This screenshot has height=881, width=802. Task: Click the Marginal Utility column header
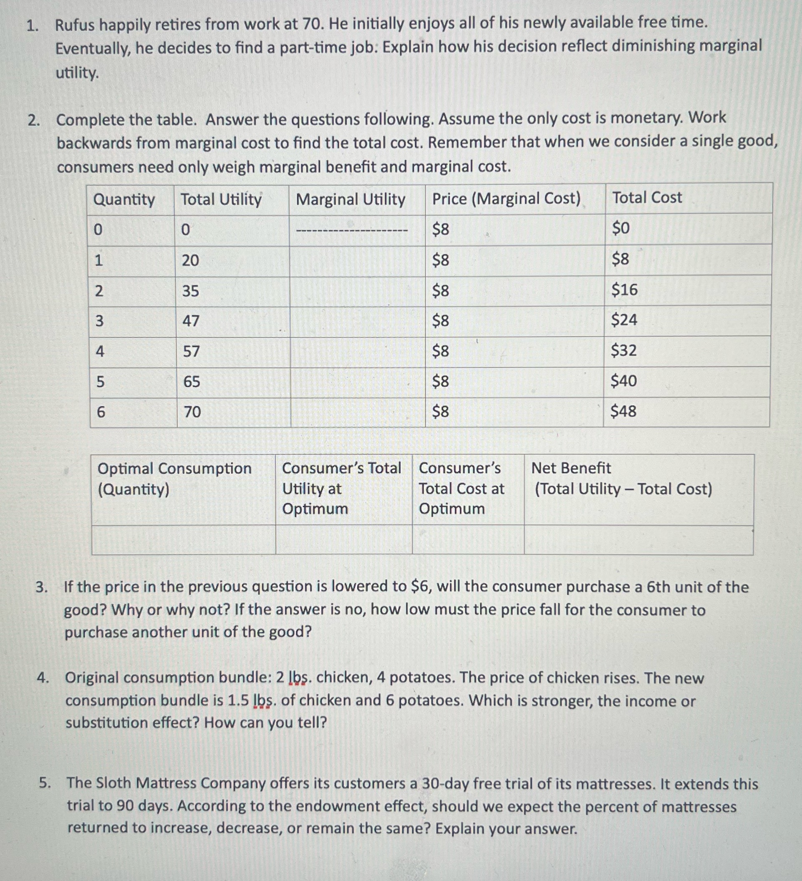click(x=351, y=200)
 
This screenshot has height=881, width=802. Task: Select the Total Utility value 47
click(x=191, y=321)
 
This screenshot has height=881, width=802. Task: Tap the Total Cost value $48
click(x=623, y=411)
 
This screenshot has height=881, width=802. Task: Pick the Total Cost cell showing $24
click(x=624, y=320)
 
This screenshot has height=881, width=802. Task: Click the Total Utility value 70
click(x=192, y=412)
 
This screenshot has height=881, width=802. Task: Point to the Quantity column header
click(x=124, y=200)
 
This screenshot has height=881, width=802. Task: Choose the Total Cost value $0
click(x=620, y=228)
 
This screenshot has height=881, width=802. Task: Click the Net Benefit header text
click(x=571, y=468)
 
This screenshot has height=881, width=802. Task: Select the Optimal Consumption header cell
click(x=174, y=478)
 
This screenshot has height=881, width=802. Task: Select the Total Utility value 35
click(x=191, y=291)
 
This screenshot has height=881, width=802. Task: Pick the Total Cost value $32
click(x=624, y=350)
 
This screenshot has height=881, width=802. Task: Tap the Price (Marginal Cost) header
click(x=506, y=199)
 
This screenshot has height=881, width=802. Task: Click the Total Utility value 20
click(x=191, y=261)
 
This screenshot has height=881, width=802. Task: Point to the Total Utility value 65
click(x=192, y=382)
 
